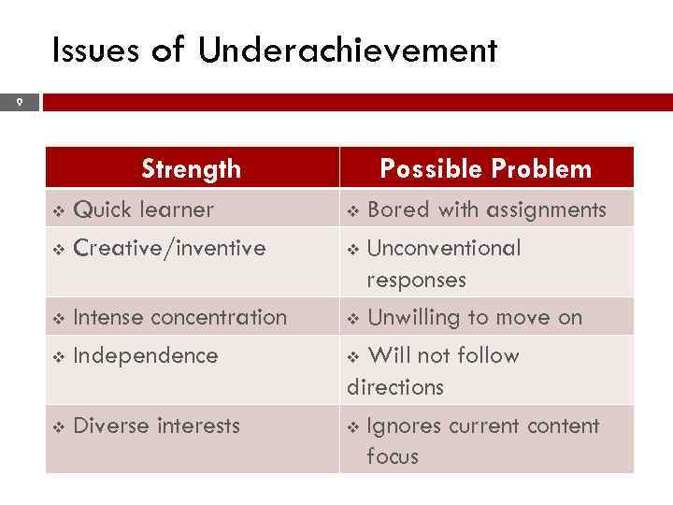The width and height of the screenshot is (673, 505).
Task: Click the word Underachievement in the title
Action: [x=348, y=50]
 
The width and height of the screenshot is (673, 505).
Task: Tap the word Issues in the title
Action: [x=96, y=50]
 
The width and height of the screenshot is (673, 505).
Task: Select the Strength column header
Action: [x=191, y=168]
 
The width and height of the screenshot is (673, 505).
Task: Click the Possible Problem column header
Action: [x=485, y=168]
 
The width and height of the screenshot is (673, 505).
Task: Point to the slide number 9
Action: [x=18, y=102]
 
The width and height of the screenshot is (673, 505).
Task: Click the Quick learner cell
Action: [x=143, y=209]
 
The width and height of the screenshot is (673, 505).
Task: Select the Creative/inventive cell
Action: [x=169, y=248]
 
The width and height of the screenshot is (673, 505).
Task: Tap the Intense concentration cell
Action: [x=179, y=317]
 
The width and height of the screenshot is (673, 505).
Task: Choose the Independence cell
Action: [x=145, y=355]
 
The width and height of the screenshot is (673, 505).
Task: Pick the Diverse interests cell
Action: [x=156, y=426]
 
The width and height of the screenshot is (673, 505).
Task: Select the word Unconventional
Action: [x=444, y=248]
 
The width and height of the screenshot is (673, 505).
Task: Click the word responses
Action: [x=416, y=280]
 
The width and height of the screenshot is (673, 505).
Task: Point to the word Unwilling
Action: [x=411, y=317]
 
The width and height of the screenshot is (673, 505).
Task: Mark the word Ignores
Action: [x=404, y=426]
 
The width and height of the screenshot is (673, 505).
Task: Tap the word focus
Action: [x=393, y=456]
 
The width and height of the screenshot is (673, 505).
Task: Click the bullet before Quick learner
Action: [x=59, y=210]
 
